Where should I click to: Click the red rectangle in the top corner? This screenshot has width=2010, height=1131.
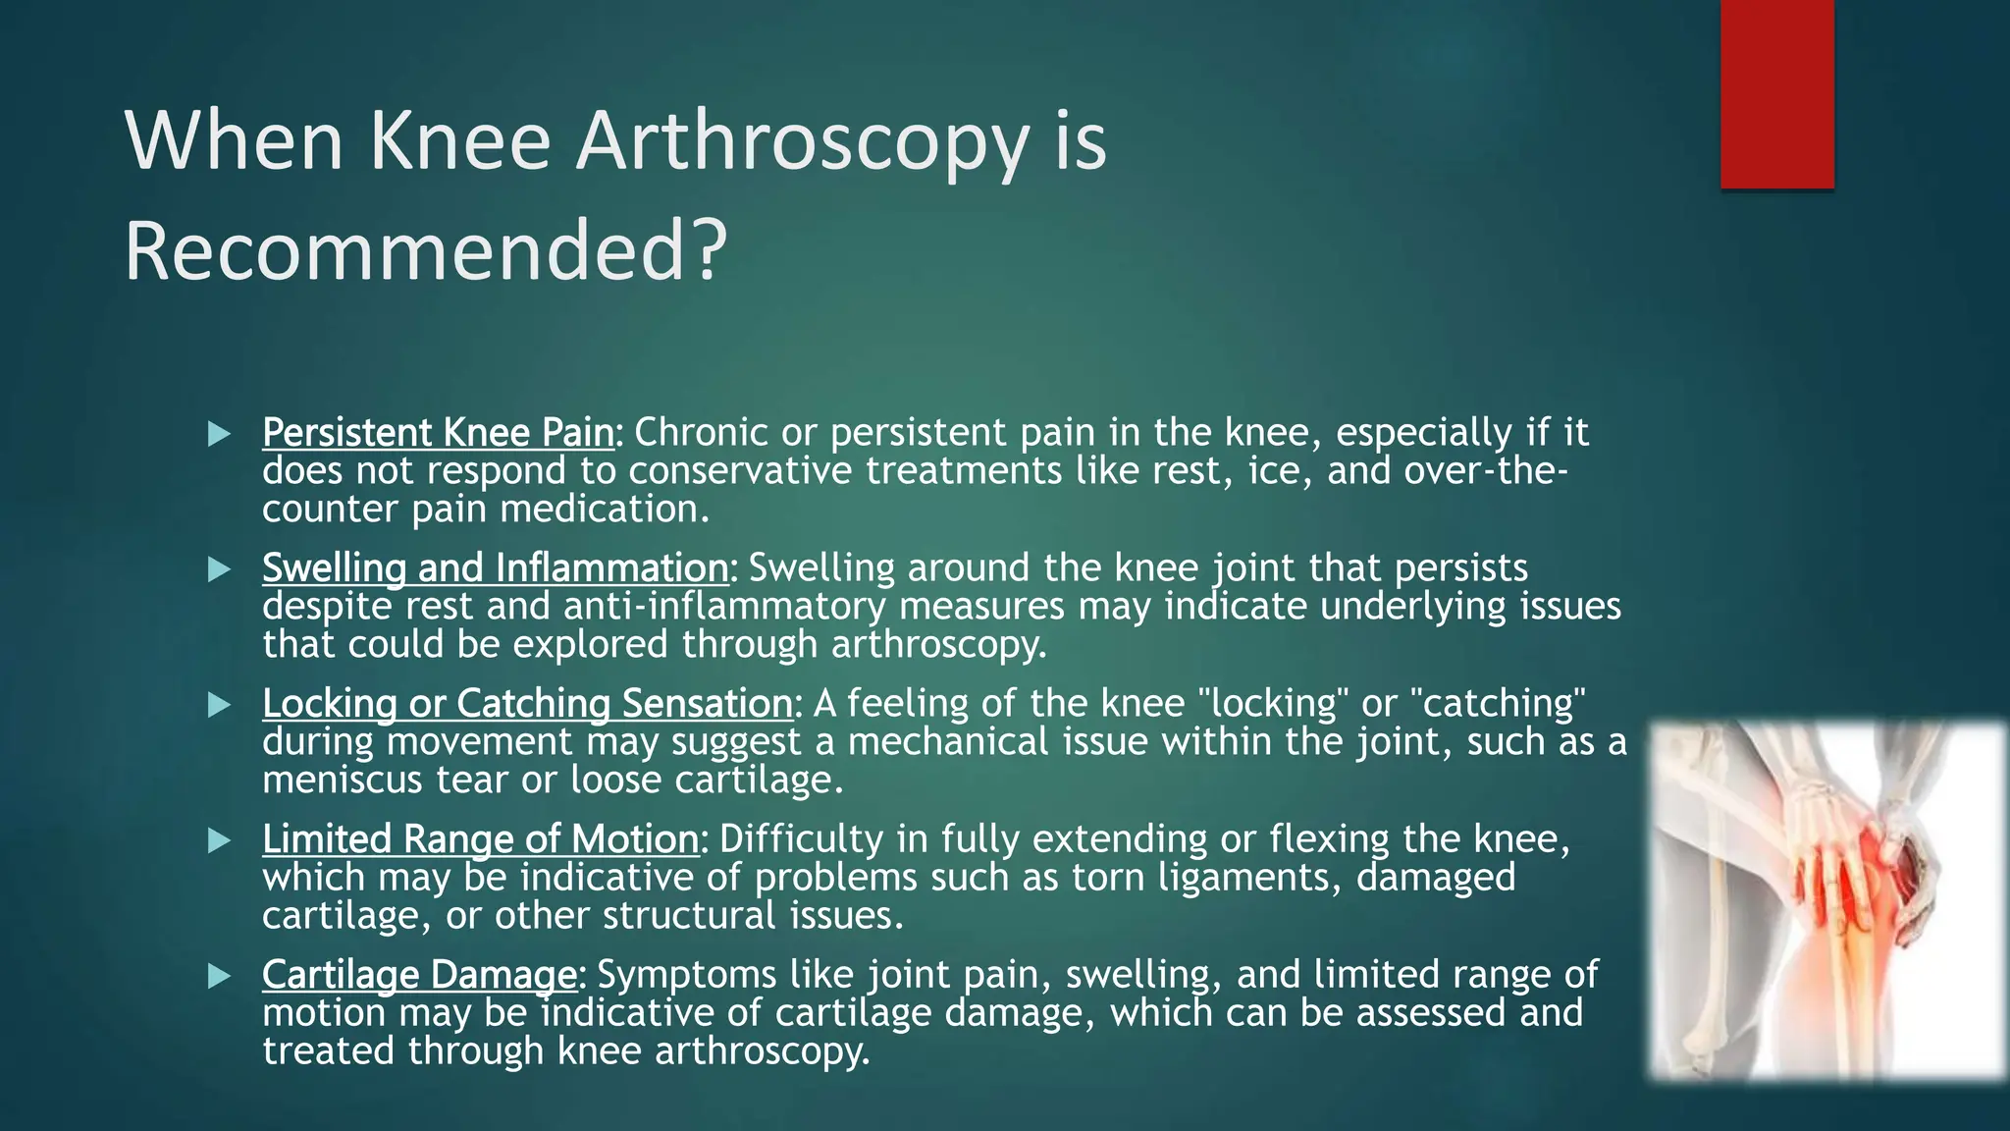(1776, 93)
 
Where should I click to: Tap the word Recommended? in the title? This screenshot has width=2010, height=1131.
(425, 251)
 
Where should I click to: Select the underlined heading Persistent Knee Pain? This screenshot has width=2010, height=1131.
(438, 433)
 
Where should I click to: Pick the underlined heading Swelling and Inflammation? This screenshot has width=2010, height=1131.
(496, 568)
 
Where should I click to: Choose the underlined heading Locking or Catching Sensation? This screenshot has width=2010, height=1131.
(527, 704)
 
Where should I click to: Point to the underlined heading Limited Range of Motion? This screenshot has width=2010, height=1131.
(480, 839)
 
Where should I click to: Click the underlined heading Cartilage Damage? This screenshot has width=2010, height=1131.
(419, 975)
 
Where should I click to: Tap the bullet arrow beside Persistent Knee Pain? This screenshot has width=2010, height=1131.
(219, 434)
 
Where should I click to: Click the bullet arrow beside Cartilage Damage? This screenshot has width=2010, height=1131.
(219, 976)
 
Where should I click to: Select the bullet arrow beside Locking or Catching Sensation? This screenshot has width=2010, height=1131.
(219, 705)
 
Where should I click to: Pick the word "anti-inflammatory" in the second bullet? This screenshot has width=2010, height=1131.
(724, 607)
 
